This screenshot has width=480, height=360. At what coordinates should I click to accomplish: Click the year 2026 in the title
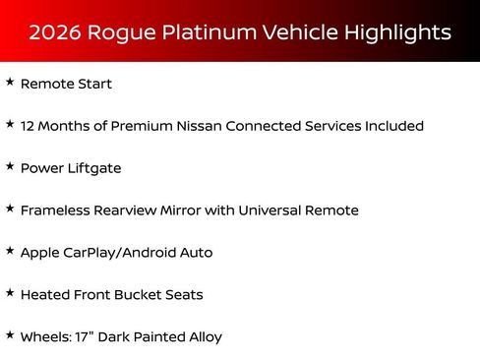pyautogui.click(x=54, y=32)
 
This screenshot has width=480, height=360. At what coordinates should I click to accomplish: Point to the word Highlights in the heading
pyautogui.click(x=398, y=32)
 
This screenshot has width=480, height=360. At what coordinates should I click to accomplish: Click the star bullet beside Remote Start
pyautogui.click(x=10, y=83)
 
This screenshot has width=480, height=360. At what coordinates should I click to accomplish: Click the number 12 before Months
pyautogui.click(x=29, y=127)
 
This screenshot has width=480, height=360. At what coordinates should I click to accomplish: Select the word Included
pyautogui.click(x=391, y=127)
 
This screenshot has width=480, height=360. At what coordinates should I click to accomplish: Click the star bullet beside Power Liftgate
pyautogui.click(x=10, y=167)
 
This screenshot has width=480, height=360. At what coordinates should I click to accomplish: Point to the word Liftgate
pyautogui.click(x=93, y=169)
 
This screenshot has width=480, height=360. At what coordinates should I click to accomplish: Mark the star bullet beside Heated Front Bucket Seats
pyautogui.click(x=10, y=293)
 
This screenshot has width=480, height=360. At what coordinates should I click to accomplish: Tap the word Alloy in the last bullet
pyautogui.click(x=204, y=337)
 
